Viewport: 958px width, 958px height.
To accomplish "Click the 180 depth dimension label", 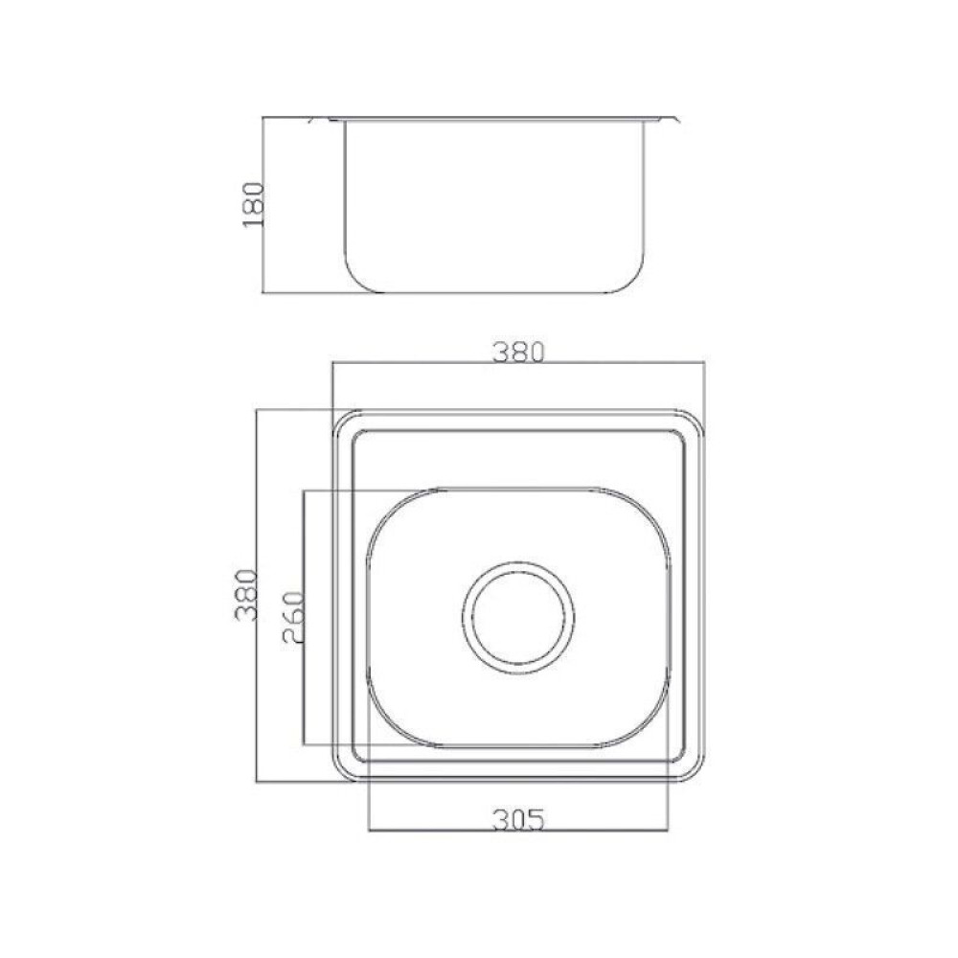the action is click(253, 204).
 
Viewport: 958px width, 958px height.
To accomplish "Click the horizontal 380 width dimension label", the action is click(518, 353).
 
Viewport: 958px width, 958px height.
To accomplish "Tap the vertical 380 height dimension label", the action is click(247, 595).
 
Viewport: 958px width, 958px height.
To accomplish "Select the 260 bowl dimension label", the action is click(293, 617).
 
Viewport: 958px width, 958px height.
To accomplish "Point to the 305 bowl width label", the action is click(518, 820).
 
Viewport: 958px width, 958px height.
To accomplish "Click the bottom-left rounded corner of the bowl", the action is click(391, 722).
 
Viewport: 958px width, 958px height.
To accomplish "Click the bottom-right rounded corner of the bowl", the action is click(645, 722).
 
